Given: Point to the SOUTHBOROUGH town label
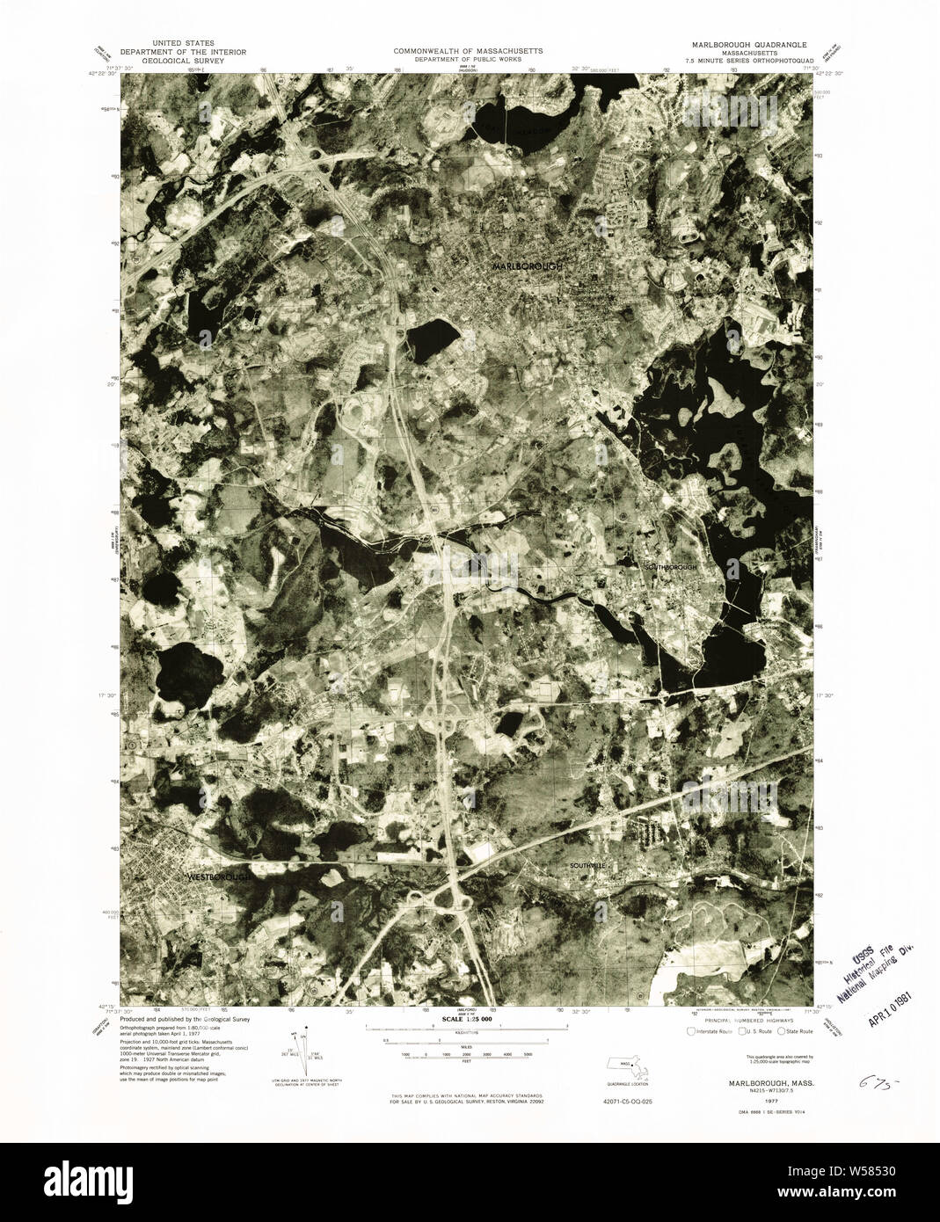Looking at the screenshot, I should (671, 568).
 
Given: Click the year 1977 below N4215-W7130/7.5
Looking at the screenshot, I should (744, 1102).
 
